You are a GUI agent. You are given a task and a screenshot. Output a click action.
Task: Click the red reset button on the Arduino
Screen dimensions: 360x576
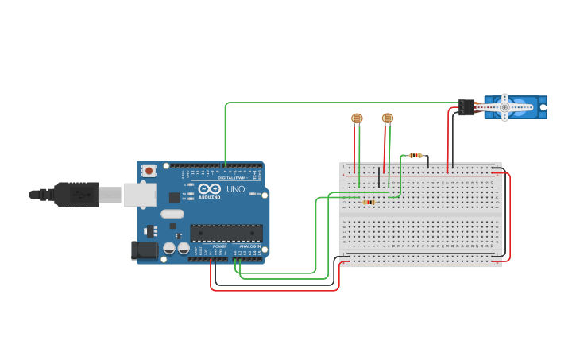149,170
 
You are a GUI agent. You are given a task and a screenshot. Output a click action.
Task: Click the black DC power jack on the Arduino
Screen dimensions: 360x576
143,250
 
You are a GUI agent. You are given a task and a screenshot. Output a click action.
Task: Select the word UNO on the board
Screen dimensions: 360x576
236,190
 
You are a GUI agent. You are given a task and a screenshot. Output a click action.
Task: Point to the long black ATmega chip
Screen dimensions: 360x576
226,233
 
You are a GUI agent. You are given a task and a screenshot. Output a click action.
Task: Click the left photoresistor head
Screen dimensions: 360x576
357,118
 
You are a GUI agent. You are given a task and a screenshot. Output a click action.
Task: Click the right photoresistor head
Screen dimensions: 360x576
387,118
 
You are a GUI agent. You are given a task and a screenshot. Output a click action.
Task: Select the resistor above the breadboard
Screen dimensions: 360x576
416,155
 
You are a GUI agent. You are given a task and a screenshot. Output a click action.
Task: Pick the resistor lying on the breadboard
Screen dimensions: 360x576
368,202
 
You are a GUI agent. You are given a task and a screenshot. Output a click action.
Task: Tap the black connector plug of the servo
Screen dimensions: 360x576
466,106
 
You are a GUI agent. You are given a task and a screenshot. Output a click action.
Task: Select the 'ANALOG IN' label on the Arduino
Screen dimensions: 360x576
249,246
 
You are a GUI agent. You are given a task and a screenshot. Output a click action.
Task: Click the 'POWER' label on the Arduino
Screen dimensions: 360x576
219,246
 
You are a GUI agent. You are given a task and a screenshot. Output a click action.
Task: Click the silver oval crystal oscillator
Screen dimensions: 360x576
172,213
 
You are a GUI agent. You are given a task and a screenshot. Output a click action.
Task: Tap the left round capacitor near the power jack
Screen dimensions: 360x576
169,249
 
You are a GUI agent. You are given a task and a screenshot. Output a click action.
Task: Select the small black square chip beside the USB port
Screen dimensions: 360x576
174,197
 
